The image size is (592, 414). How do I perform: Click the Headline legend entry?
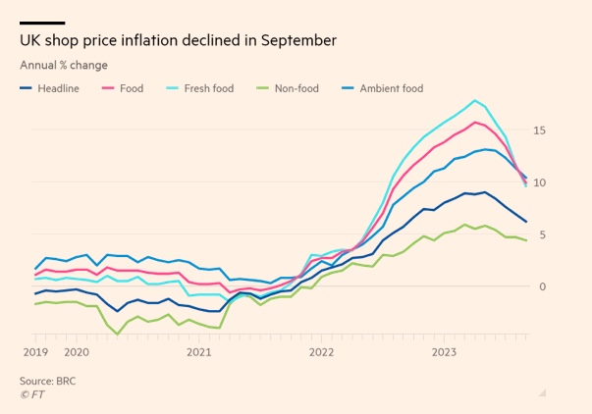[x=58, y=88]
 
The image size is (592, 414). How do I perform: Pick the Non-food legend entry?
[x=296, y=88]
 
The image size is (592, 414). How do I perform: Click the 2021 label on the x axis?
[x=198, y=351]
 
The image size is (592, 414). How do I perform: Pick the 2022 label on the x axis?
[x=321, y=351]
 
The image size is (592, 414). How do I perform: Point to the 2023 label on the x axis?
[x=444, y=351]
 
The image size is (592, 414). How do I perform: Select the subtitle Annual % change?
[x=64, y=66]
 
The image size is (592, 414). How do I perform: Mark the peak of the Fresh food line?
[x=475, y=100]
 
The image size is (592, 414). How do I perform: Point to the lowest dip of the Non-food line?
[x=118, y=335]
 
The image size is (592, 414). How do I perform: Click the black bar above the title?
[x=42, y=23]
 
